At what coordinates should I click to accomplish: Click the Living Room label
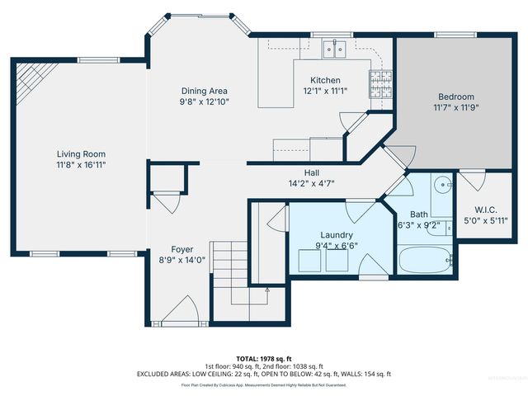pos(81,153)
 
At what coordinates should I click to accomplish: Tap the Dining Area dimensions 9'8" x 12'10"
pos(205,102)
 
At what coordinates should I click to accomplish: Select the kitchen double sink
pos(335,52)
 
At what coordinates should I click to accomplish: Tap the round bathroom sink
pos(442,186)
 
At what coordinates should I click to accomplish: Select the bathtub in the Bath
pos(426,262)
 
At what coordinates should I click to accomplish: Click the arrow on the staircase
pos(267,290)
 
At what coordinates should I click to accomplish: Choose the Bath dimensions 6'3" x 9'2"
pos(419,224)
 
